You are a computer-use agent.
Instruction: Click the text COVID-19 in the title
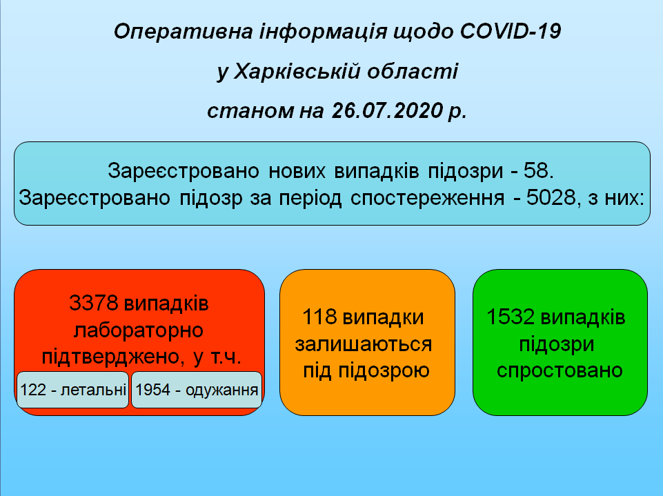[511, 31]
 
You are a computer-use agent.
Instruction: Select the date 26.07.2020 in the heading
[387, 110]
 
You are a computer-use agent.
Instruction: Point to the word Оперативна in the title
[183, 32]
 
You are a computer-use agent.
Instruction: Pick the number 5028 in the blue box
[551, 197]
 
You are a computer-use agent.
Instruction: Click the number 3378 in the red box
[94, 303]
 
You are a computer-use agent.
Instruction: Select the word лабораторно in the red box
[139, 330]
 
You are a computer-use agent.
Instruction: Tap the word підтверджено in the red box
[112, 357]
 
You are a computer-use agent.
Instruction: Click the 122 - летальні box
[72, 390]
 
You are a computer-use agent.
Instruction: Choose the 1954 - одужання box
[197, 390]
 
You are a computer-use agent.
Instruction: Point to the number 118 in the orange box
[319, 317]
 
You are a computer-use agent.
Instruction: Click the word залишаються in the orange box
[364, 344]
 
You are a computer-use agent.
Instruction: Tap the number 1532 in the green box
[511, 317]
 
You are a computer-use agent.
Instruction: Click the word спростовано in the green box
[560, 371]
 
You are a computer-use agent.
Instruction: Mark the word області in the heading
[413, 71]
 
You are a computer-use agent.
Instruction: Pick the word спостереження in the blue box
[428, 198]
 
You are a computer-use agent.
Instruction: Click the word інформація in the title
[323, 32]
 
